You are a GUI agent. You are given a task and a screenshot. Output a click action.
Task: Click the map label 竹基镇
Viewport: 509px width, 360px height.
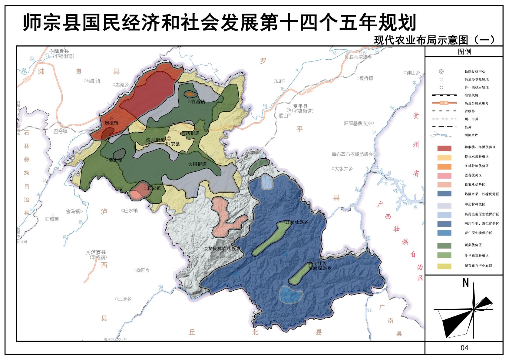198,102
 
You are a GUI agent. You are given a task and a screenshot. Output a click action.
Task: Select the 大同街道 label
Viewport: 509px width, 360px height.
197,164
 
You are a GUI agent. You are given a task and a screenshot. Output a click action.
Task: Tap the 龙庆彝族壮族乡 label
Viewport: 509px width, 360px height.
224,249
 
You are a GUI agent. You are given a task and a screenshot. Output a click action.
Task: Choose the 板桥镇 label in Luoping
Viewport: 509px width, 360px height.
366,78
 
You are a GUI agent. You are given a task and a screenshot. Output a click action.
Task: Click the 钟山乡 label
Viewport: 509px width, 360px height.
413,73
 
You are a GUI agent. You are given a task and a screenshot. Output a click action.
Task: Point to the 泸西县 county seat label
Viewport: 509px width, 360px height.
98,253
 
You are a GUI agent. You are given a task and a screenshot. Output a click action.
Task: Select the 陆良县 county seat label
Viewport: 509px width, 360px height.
61,51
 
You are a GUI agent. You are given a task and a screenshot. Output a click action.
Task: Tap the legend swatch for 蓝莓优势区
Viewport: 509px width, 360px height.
444,176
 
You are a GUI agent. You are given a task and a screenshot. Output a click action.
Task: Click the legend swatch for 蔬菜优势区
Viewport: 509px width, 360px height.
444,246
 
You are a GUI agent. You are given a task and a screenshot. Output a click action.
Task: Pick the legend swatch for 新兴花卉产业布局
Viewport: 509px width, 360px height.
444,266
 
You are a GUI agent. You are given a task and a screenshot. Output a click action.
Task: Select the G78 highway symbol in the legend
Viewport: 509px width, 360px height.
444,103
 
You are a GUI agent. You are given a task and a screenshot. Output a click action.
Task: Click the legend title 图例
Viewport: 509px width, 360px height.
464,52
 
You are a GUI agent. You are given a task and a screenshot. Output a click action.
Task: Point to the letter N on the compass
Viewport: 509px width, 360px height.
466,283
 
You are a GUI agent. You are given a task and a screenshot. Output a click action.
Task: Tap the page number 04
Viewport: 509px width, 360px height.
464,348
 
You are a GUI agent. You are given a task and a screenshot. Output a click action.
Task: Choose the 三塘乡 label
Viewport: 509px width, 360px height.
124,299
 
